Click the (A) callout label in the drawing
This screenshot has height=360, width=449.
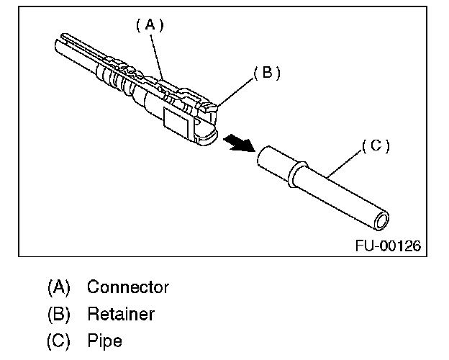point(150,24)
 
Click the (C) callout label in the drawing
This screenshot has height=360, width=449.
point(375,145)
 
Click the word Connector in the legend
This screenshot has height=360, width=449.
point(128,287)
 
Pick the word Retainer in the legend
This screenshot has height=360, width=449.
point(120,314)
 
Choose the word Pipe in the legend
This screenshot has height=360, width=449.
point(104,341)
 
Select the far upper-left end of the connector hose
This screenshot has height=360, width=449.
point(58,49)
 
